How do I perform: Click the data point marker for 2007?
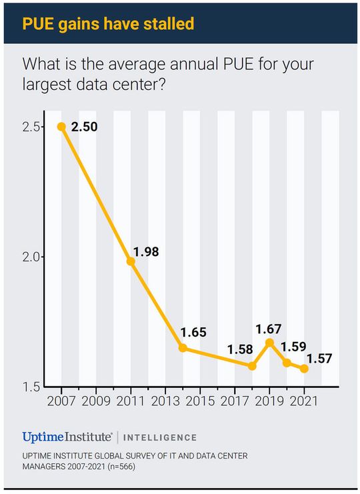point(61,127)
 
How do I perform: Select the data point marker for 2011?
point(131,261)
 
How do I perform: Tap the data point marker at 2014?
point(183,348)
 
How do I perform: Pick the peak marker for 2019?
point(269,343)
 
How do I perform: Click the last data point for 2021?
point(304,369)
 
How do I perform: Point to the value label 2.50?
point(84,127)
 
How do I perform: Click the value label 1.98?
point(147,252)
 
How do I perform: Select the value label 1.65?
point(193,332)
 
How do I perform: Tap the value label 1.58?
point(240,349)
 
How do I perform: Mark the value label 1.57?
point(319,358)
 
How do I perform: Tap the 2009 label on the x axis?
point(96,401)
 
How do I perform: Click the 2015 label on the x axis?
point(200,401)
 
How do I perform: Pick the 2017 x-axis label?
point(235,401)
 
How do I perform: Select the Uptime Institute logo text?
point(67,437)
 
